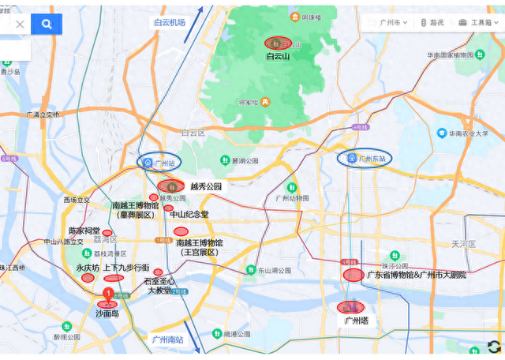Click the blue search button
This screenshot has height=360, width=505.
47,24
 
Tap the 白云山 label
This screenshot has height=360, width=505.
278,57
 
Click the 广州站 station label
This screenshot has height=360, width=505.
164,163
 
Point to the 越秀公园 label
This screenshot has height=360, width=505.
205,187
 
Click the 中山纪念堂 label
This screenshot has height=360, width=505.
189,214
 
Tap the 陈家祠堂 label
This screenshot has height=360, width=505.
84,231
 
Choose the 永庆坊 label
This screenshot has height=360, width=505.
88,268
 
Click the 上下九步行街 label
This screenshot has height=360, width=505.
126,268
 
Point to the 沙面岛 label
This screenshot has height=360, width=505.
107,313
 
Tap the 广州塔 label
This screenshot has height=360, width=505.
356,321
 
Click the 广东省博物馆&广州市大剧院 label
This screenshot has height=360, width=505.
417,275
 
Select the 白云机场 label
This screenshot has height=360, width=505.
169,23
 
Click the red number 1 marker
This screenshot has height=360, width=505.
108,294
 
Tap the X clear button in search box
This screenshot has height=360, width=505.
20,24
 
